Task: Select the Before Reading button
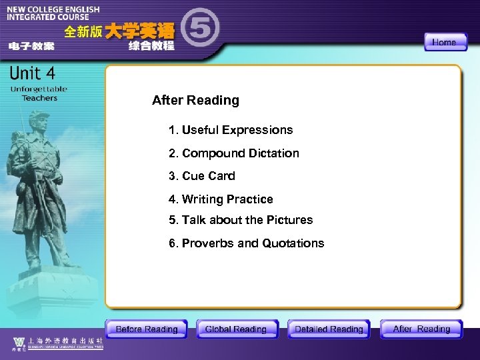pos(147,329)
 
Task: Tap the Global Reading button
pos(235,329)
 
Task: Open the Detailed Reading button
pos(329,329)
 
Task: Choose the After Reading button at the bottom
pos(421,329)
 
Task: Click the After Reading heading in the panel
pos(195,101)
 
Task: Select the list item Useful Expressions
pos(231,130)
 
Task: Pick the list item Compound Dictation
pos(234,153)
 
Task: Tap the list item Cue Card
pos(202,176)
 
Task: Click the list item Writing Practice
pos(221,199)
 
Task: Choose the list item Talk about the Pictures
pos(241,220)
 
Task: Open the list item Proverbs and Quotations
pos(247,243)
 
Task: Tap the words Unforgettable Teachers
pos(39,93)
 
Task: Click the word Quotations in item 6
pos(293,243)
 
